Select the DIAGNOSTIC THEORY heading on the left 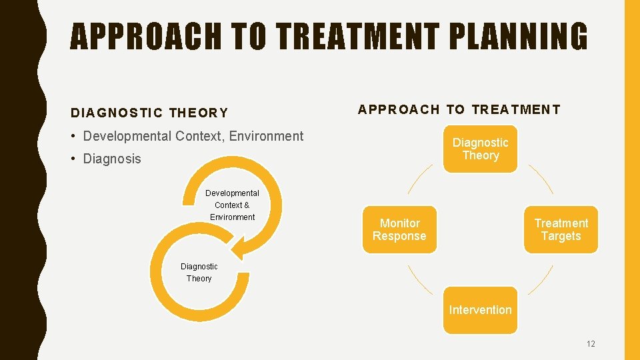[x=149, y=113]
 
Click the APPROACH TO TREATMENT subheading [x=459, y=109]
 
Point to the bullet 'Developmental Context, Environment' [x=193, y=136]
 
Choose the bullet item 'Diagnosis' [x=112, y=159]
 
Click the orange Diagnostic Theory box [x=480, y=149]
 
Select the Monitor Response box [x=399, y=230]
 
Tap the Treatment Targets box [x=561, y=230]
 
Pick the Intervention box [x=480, y=310]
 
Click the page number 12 [x=591, y=344]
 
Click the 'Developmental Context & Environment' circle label [x=232, y=205]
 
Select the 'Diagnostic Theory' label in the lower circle [x=199, y=273]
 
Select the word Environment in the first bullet [x=266, y=136]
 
